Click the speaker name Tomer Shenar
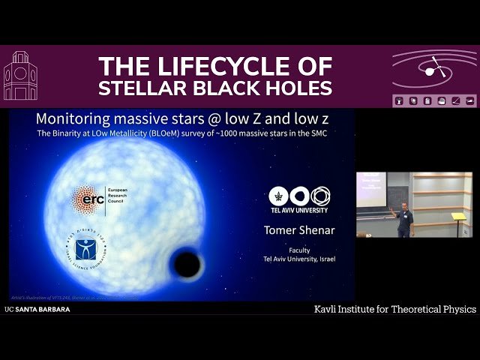pos(299,229)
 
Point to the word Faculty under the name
pos(299,250)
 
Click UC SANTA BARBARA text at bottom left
pos(37,309)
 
